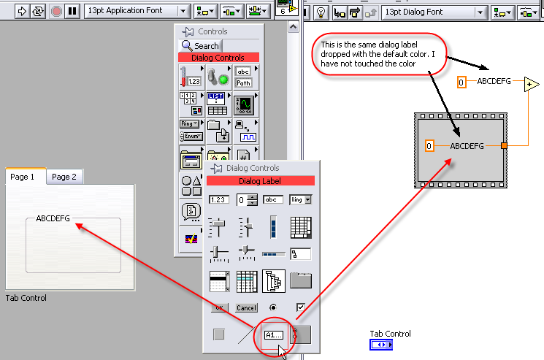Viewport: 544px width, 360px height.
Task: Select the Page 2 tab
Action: tap(64, 177)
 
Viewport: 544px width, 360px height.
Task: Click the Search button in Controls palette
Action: tap(201, 45)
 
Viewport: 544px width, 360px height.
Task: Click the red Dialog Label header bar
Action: tap(261, 180)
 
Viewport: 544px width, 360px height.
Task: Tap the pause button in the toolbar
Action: tap(72, 12)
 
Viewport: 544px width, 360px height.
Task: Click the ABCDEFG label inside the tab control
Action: tap(53, 218)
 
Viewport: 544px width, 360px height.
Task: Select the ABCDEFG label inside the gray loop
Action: tap(467, 146)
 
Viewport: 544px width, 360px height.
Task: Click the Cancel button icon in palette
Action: tap(246, 307)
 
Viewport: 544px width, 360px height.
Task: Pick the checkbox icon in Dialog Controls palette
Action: tap(300, 307)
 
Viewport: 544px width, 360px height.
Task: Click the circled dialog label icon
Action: tap(275, 334)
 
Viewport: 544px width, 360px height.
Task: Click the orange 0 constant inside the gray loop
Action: tap(429, 146)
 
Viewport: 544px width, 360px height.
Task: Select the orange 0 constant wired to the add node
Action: tap(461, 82)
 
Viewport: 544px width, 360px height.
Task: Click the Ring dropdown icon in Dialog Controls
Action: tap(300, 199)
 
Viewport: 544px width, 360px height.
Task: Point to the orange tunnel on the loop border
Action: tap(504, 146)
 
